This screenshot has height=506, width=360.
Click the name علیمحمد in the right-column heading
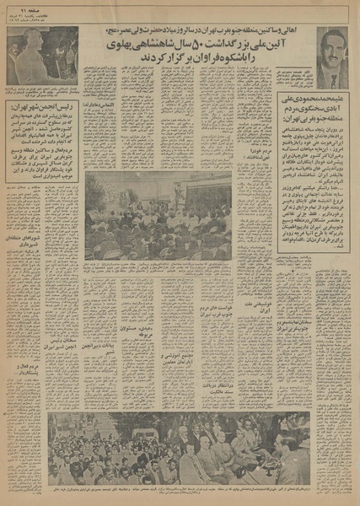tap(336, 105)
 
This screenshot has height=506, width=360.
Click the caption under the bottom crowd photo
tap(180, 490)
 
